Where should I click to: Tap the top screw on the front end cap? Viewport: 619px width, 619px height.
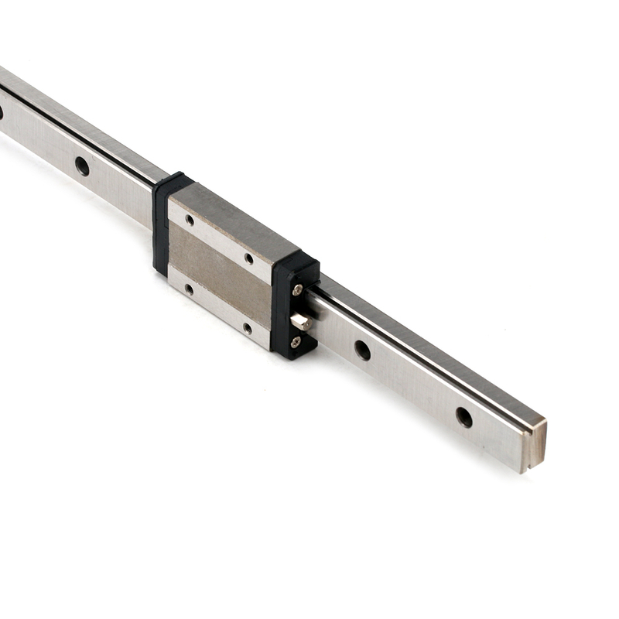pyautogui.click(x=298, y=289)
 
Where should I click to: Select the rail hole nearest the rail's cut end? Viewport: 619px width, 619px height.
pyautogui.click(x=463, y=417)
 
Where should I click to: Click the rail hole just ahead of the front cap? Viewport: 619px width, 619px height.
pyautogui.click(x=362, y=350)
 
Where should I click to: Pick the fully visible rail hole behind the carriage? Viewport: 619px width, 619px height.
pyautogui.click(x=81, y=166)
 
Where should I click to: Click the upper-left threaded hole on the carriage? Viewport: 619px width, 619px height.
pyautogui.click(x=190, y=220)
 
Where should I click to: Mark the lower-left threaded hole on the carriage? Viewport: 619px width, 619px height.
pyautogui.click(x=189, y=289)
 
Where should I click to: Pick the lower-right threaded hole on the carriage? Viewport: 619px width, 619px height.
pyautogui.click(x=248, y=328)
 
